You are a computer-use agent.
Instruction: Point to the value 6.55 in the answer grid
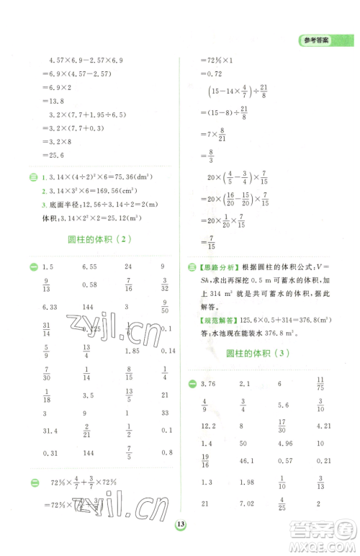pos(90,266)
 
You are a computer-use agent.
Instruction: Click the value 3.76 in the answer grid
pos(207,384)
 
